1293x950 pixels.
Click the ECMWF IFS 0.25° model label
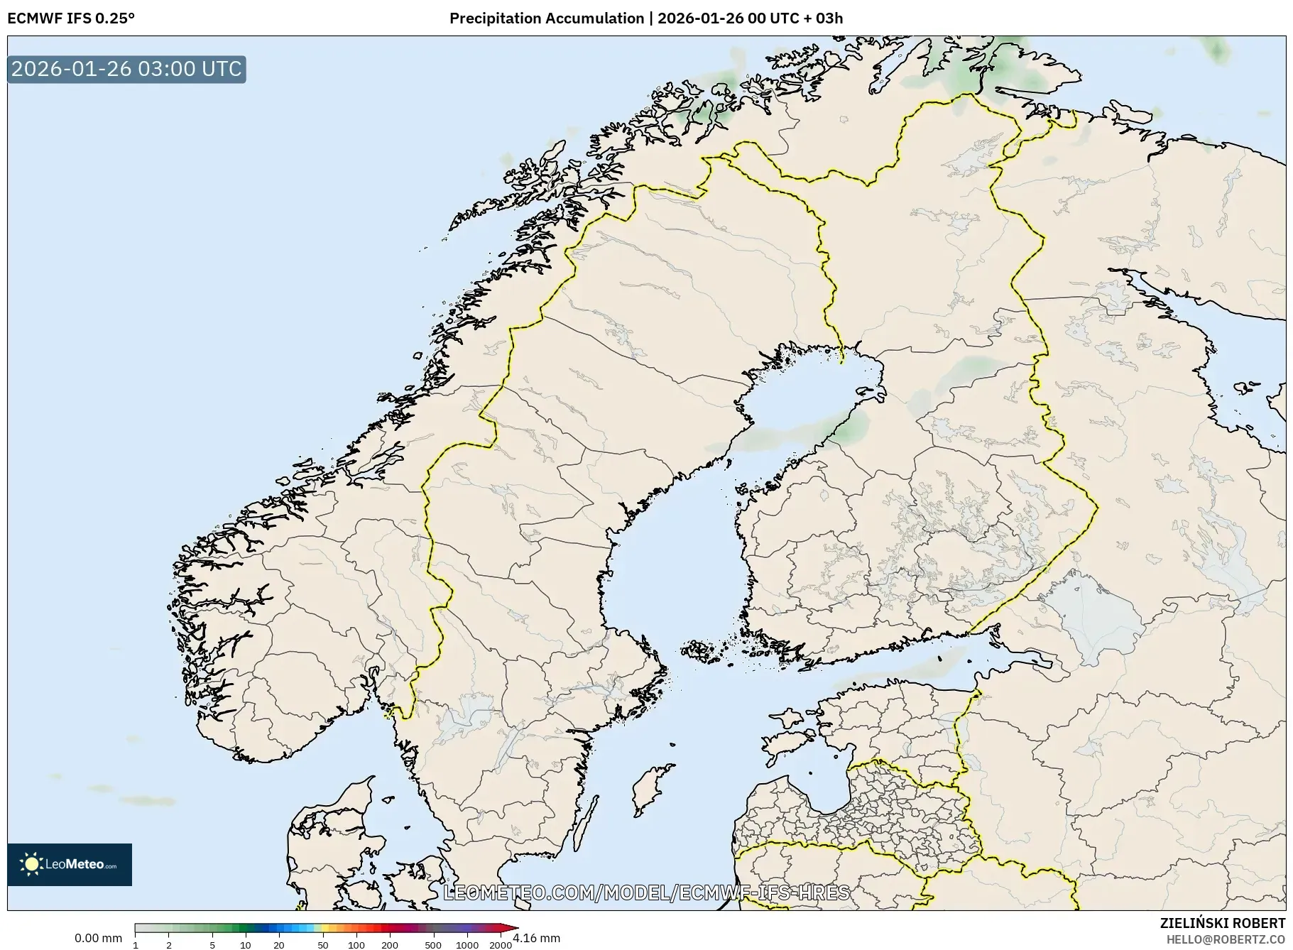pyautogui.click(x=70, y=18)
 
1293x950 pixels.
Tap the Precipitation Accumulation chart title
pyautogui.click(x=646, y=18)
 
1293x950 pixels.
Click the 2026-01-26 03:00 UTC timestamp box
pyautogui.click(x=126, y=69)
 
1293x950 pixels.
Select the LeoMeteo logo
pyautogui.click(x=70, y=864)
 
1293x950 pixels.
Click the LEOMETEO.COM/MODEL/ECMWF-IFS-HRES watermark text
pyautogui.click(x=646, y=892)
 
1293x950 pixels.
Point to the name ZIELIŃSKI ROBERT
pyautogui.click(x=1222, y=923)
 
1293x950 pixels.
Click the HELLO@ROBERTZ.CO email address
pyautogui.click(x=1226, y=939)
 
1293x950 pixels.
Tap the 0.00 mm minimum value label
pyautogui.click(x=98, y=938)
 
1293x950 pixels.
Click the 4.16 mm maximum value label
pyautogui.click(x=536, y=938)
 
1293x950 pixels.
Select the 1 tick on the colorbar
pyautogui.click(x=136, y=945)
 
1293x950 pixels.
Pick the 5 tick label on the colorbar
pyautogui.click(x=212, y=945)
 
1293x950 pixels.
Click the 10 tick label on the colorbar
pyautogui.click(x=246, y=945)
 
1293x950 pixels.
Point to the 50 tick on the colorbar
pyautogui.click(x=323, y=945)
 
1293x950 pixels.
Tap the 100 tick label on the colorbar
pyautogui.click(x=356, y=945)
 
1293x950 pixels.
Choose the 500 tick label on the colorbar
pyautogui.click(x=433, y=945)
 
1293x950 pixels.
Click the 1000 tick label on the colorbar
pyautogui.click(x=467, y=945)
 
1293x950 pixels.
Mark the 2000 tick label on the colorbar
pyautogui.click(x=501, y=945)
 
